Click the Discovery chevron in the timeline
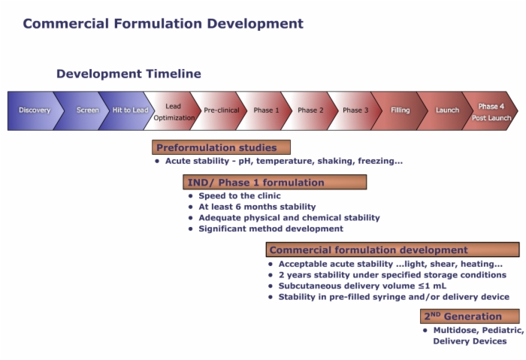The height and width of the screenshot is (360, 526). [35, 110]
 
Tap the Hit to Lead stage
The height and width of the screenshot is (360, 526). [130, 110]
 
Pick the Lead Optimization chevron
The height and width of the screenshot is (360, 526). [174, 110]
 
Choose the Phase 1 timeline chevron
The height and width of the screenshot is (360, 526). [266, 110]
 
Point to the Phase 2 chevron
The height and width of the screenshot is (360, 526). [310, 110]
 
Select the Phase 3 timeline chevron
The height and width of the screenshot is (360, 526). [355, 110]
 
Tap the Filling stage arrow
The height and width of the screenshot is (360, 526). [401, 110]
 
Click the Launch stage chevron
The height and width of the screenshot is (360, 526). [446, 110]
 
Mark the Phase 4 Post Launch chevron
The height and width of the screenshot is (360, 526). [491, 110]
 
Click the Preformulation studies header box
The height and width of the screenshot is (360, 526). [221, 147]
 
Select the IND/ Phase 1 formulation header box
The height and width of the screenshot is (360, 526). [275, 182]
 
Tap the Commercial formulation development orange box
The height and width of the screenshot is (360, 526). [392, 250]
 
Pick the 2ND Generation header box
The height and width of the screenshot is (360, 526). [470, 316]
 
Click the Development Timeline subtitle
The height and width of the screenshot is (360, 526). [128, 74]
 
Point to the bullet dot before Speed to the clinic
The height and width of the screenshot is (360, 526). [191, 196]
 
